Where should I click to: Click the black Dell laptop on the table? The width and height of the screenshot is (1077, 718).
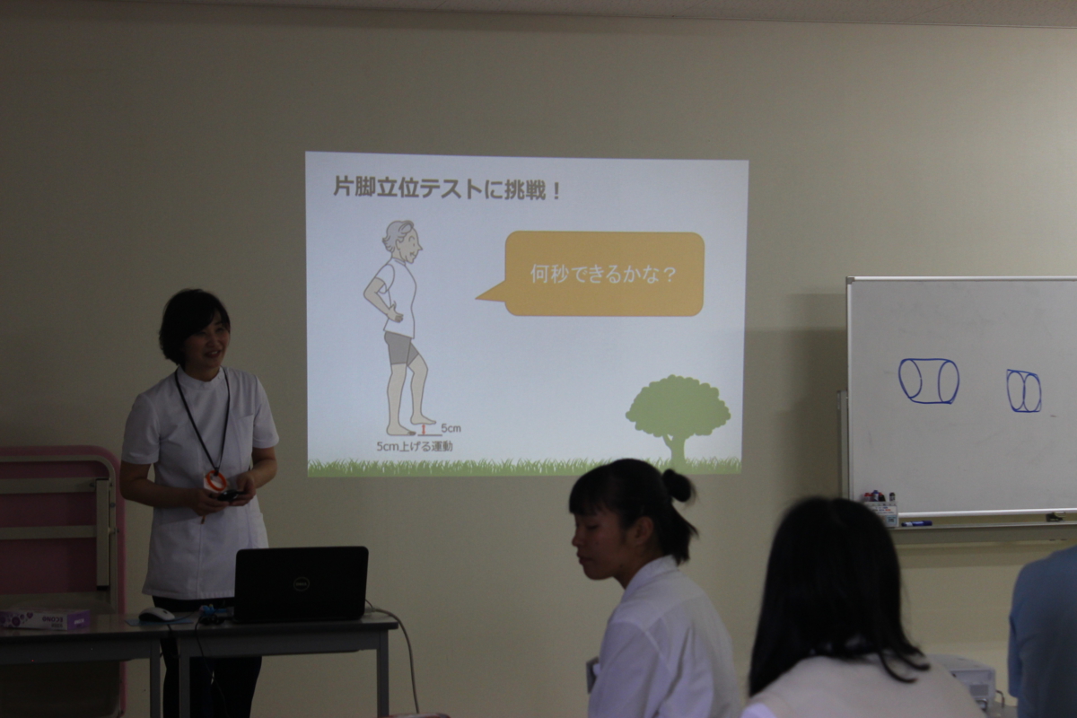point(301,584)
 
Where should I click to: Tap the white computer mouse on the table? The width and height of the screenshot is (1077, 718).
point(157,614)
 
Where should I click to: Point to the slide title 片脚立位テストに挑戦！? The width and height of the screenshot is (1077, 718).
point(447,188)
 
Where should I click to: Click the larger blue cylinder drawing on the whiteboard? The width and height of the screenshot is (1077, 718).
point(928,381)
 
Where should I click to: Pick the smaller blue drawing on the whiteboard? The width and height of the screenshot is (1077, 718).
point(1024,390)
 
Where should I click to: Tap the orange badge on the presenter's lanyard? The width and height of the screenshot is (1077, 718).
point(216,480)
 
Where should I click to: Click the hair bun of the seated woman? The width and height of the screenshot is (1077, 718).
point(678,486)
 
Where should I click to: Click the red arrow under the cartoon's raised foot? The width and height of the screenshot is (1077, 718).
point(423,429)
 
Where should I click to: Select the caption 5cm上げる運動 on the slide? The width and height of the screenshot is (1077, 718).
point(415,447)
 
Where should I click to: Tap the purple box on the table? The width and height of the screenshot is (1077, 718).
point(44,618)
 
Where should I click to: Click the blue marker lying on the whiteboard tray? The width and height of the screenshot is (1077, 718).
point(915,524)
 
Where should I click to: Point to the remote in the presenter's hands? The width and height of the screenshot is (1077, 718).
point(229,495)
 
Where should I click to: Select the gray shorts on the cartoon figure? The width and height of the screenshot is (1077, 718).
point(401,348)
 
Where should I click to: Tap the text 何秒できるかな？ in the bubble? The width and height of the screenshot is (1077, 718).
point(603,274)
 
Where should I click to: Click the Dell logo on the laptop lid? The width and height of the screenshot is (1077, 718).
point(302,584)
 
